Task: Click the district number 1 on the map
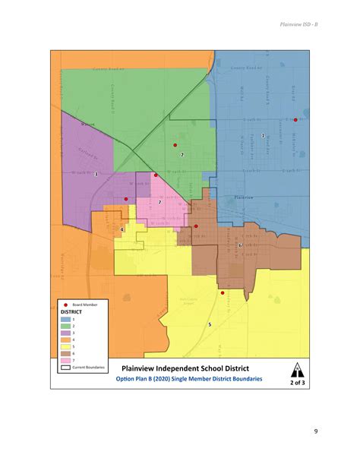point(263,135)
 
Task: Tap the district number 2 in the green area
point(182,154)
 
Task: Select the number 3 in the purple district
point(96,175)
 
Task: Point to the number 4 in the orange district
point(122,229)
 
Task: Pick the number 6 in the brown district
point(240,245)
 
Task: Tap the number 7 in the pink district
point(159,202)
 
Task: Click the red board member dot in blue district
point(295,119)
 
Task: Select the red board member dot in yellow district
point(222,292)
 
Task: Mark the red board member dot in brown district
point(196,226)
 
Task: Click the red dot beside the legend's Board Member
point(66,304)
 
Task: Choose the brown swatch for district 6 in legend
point(66,352)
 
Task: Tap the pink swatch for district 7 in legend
point(66,359)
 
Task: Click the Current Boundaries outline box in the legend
point(66,368)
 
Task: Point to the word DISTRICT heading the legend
point(72,311)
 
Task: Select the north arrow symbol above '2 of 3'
point(295,370)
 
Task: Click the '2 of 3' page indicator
point(295,383)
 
